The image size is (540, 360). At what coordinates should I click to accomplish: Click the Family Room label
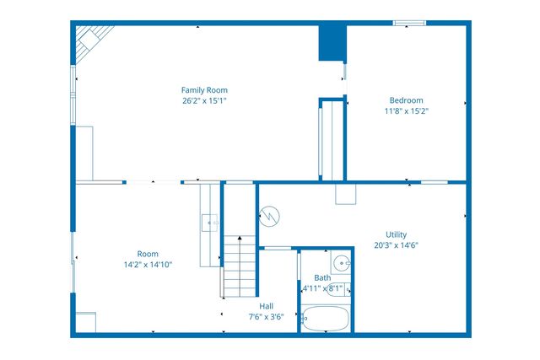(x=204, y=90)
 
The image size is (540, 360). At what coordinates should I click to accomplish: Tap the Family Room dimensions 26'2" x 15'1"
(x=204, y=100)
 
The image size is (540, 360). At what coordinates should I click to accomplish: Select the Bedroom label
(x=406, y=100)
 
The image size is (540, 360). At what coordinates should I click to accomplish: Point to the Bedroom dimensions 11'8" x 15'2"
(x=406, y=110)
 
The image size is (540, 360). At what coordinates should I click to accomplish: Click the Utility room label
(x=396, y=234)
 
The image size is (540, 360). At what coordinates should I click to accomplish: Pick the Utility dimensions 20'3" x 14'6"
(x=396, y=245)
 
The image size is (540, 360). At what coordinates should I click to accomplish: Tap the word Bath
(x=322, y=277)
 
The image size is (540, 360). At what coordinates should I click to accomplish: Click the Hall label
(x=266, y=306)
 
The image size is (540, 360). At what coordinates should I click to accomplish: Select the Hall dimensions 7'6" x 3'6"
(x=266, y=317)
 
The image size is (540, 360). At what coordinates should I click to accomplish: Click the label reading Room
(x=148, y=254)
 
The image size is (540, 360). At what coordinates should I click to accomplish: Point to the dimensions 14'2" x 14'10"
(x=148, y=265)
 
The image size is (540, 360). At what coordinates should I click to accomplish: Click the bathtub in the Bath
(x=325, y=319)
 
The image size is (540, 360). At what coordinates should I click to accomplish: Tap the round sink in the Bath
(x=341, y=261)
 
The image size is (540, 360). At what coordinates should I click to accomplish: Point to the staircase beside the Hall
(x=239, y=266)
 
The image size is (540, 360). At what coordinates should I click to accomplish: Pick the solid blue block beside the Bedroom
(x=332, y=42)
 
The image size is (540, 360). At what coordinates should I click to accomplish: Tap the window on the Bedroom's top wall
(x=408, y=23)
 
